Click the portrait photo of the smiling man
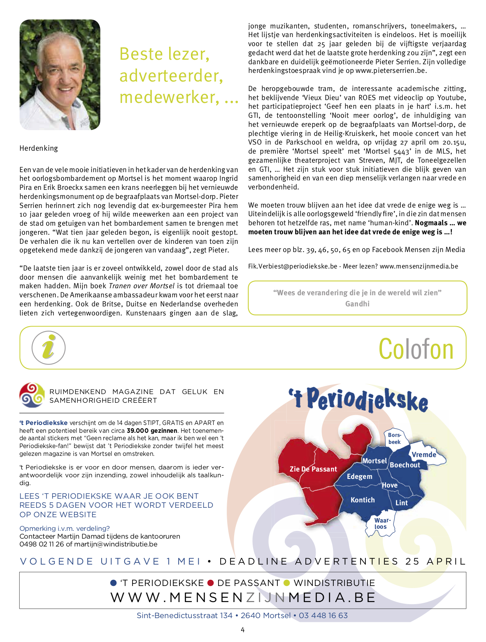point(60,75)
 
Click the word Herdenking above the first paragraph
point(39,148)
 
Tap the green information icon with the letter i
point(49,348)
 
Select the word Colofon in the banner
point(416,349)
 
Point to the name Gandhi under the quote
point(357,304)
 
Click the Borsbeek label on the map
point(394,439)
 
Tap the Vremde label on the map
point(424,455)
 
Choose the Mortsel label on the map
point(374,461)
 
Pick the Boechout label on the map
point(405,465)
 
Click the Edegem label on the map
point(359,476)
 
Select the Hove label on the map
point(389,485)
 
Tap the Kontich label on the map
point(363,500)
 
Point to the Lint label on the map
point(402,503)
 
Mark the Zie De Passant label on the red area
point(313,469)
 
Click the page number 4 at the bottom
point(243,630)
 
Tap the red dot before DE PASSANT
point(211,583)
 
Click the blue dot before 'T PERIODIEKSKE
point(114,583)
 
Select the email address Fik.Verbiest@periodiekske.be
point(293,266)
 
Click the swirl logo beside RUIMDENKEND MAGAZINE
point(32,395)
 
